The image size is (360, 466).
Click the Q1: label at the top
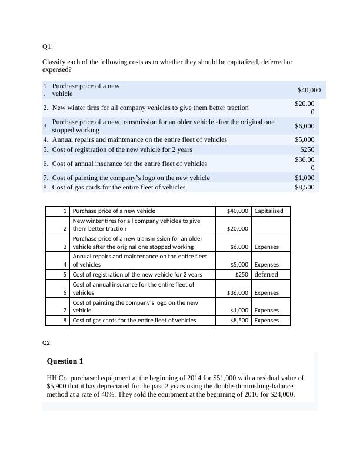[48, 46]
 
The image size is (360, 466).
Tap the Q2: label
[48, 342]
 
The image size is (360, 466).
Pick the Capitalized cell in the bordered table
[269, 211]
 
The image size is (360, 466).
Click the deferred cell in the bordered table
[266, 274]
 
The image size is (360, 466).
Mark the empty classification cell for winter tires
[270, 224]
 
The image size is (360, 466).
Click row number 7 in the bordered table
[65, 310]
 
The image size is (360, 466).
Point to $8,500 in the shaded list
[305, 187]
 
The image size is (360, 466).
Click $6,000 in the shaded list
[305, 126]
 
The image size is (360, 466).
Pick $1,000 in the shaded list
[305, 178]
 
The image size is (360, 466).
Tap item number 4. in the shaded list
[46, 139]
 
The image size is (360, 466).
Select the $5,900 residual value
[57, 386]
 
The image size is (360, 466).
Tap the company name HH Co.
[58, 378]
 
